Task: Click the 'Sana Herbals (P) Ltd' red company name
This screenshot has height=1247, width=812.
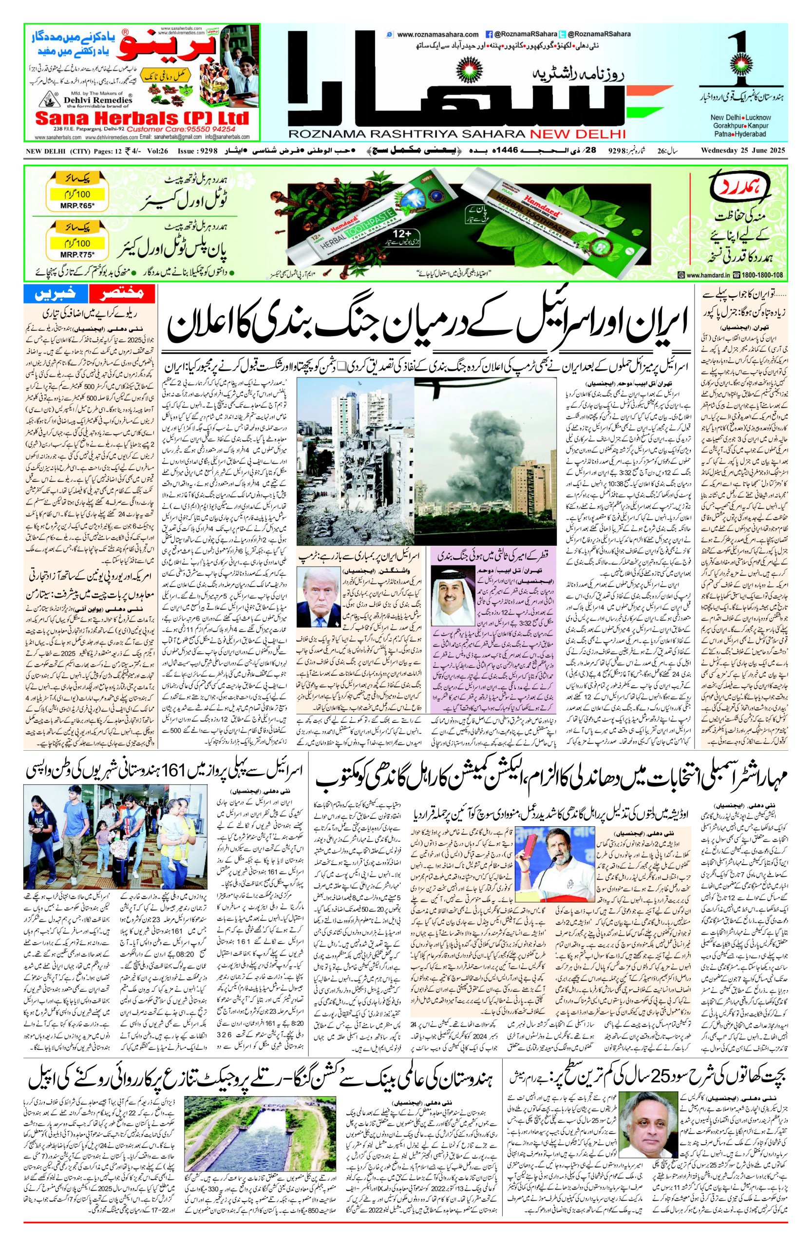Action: point(141,117)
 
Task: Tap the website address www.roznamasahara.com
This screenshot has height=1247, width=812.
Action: point(437,35)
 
